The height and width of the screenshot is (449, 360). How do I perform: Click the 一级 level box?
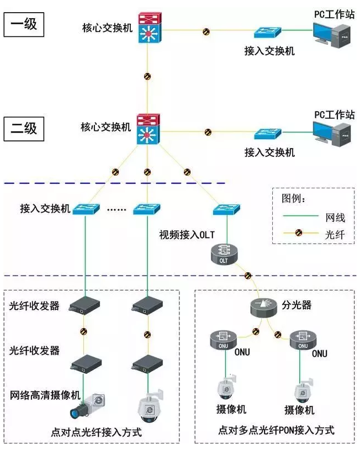pyautogui.click(x=24, y=25)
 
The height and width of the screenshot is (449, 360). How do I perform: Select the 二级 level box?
pyautogui.click(x=24, y=128)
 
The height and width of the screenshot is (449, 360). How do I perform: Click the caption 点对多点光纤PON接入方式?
pyautogui.click(x=276, y=430)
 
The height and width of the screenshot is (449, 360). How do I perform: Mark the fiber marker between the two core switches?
pyautogui.click(x=147, y=77)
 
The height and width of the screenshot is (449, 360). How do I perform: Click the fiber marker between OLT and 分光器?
pyautogui.click(x=247, y=274)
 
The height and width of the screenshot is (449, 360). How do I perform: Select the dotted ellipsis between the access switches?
pyautogui.click(x=117, y=210)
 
